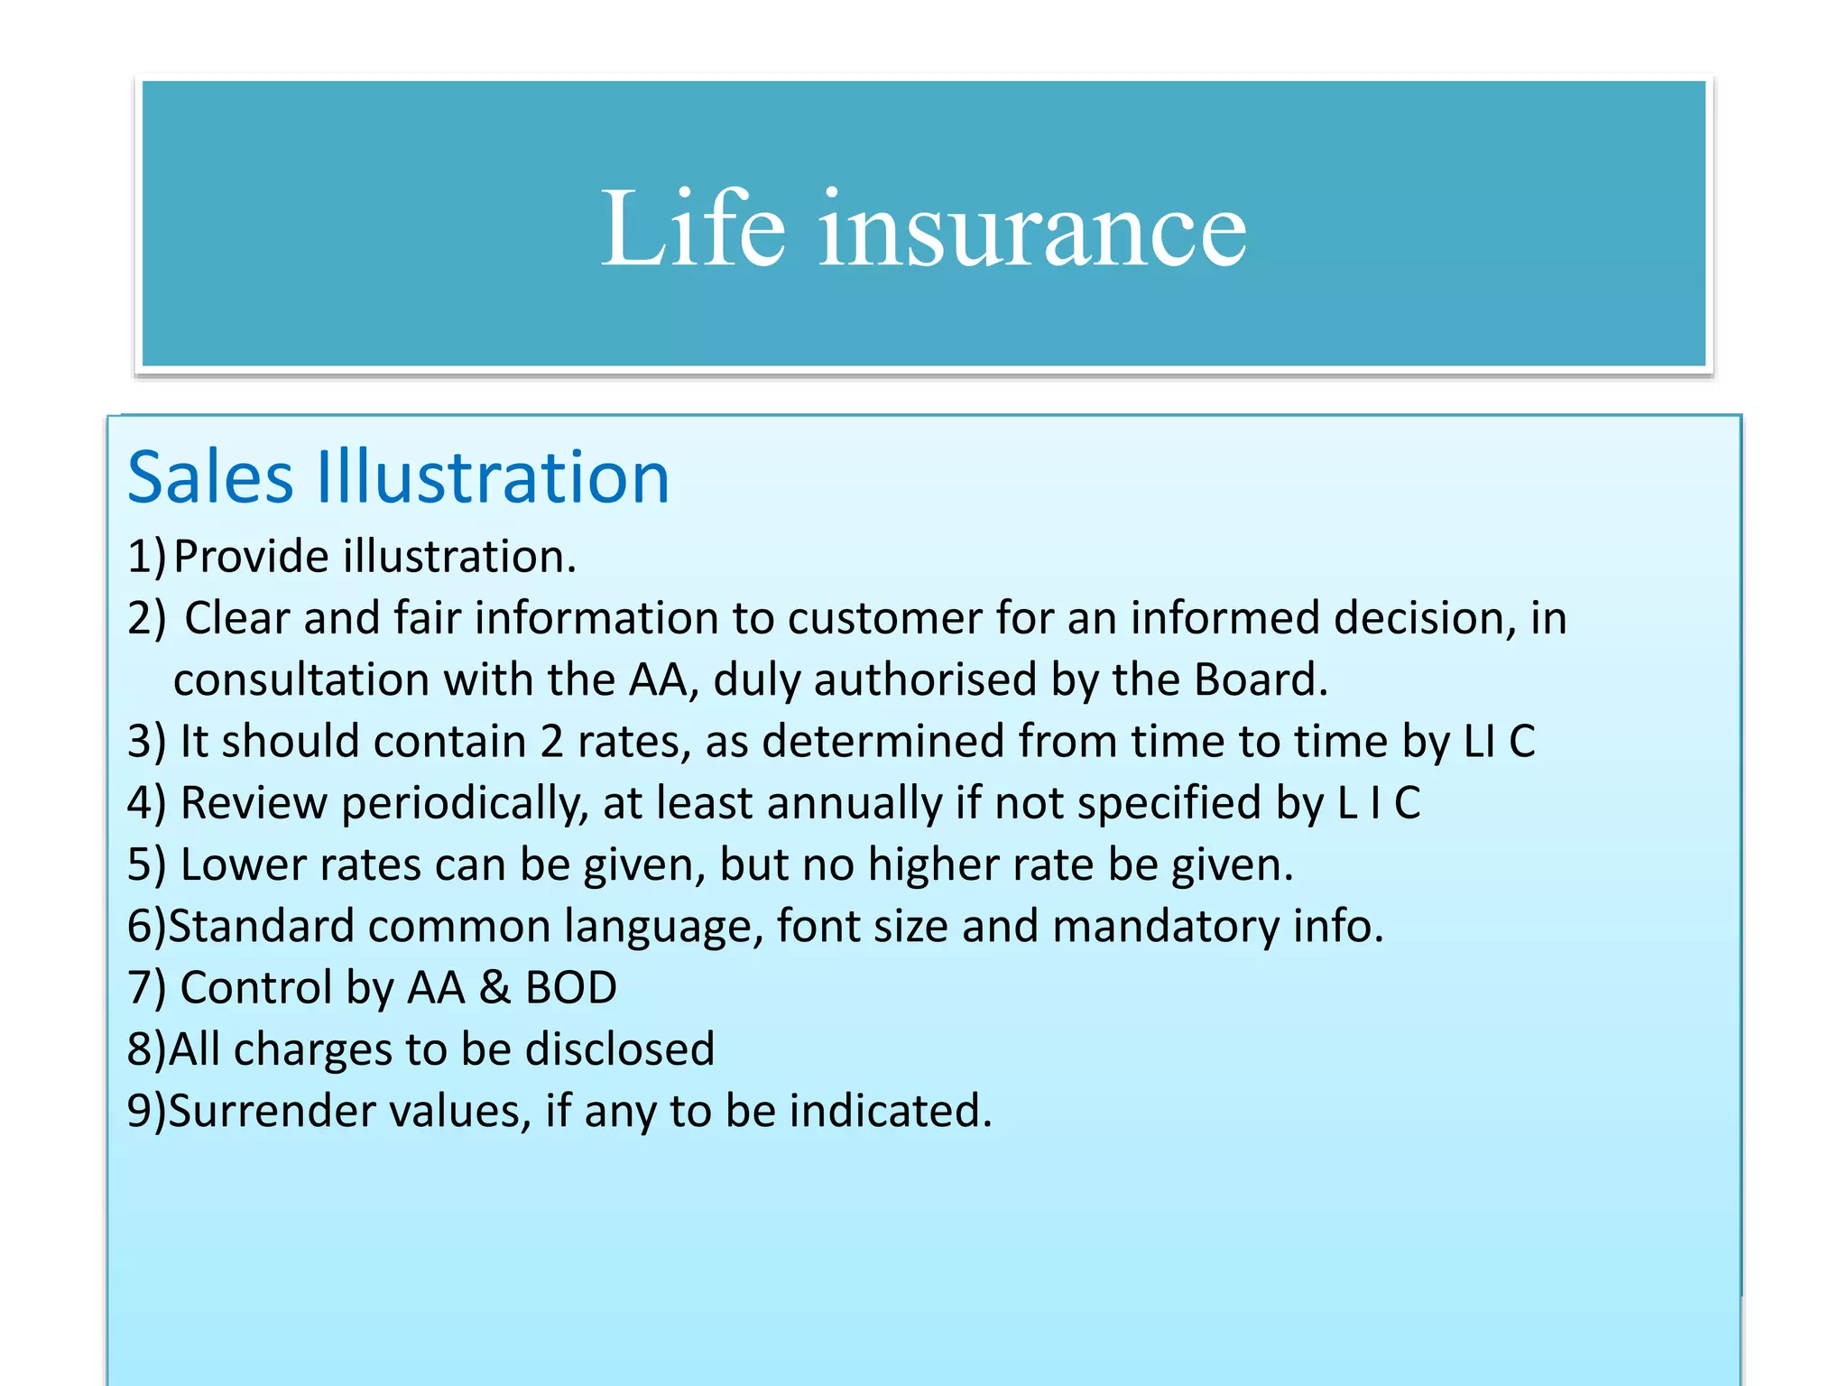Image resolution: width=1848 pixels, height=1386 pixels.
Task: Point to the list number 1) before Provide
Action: pos(146,556)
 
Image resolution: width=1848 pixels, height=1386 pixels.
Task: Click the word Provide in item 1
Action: pos(251,556)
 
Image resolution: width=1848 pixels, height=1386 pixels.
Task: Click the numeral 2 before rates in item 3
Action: pos(552,742)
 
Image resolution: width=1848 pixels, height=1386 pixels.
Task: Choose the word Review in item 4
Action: pos(254,803)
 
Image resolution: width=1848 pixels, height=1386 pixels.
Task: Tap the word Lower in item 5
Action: pos(244,864)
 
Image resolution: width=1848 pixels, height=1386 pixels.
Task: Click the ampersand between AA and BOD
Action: pos(494,988)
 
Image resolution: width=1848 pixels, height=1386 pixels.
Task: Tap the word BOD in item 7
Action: pos(570,988)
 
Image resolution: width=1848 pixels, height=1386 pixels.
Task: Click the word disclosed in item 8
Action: pos(620,1049)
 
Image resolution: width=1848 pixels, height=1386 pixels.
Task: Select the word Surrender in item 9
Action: pos(272,1111)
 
